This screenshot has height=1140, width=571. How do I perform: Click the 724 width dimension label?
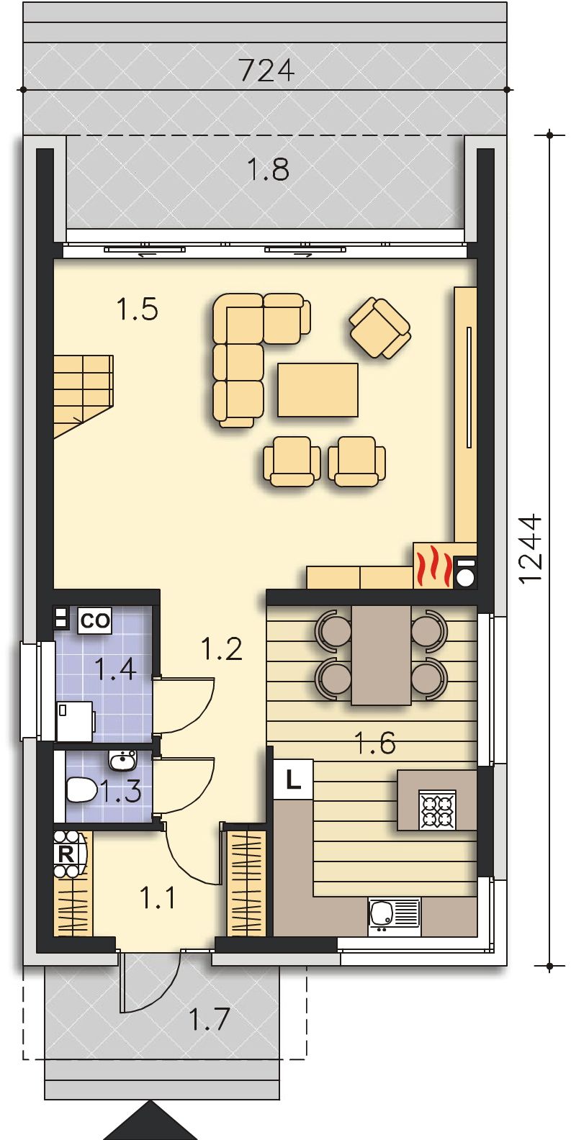click(266, 71)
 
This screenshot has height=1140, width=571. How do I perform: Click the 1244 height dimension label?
click(531, 548)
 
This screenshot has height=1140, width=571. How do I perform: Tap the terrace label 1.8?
click(268, 169)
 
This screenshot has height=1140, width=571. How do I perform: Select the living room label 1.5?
click(137, 309)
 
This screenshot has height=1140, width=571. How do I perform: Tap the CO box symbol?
click(95, 620)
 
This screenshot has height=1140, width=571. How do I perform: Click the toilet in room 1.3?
click(81, 790)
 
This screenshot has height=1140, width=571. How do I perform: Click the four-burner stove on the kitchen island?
click(437, 809)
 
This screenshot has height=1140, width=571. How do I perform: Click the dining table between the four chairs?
click(381, 654)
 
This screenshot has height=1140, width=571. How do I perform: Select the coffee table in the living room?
click(318, 390)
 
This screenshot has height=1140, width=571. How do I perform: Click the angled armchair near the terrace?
click(380, 330)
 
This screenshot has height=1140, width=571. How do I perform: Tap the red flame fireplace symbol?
click(433, 565)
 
